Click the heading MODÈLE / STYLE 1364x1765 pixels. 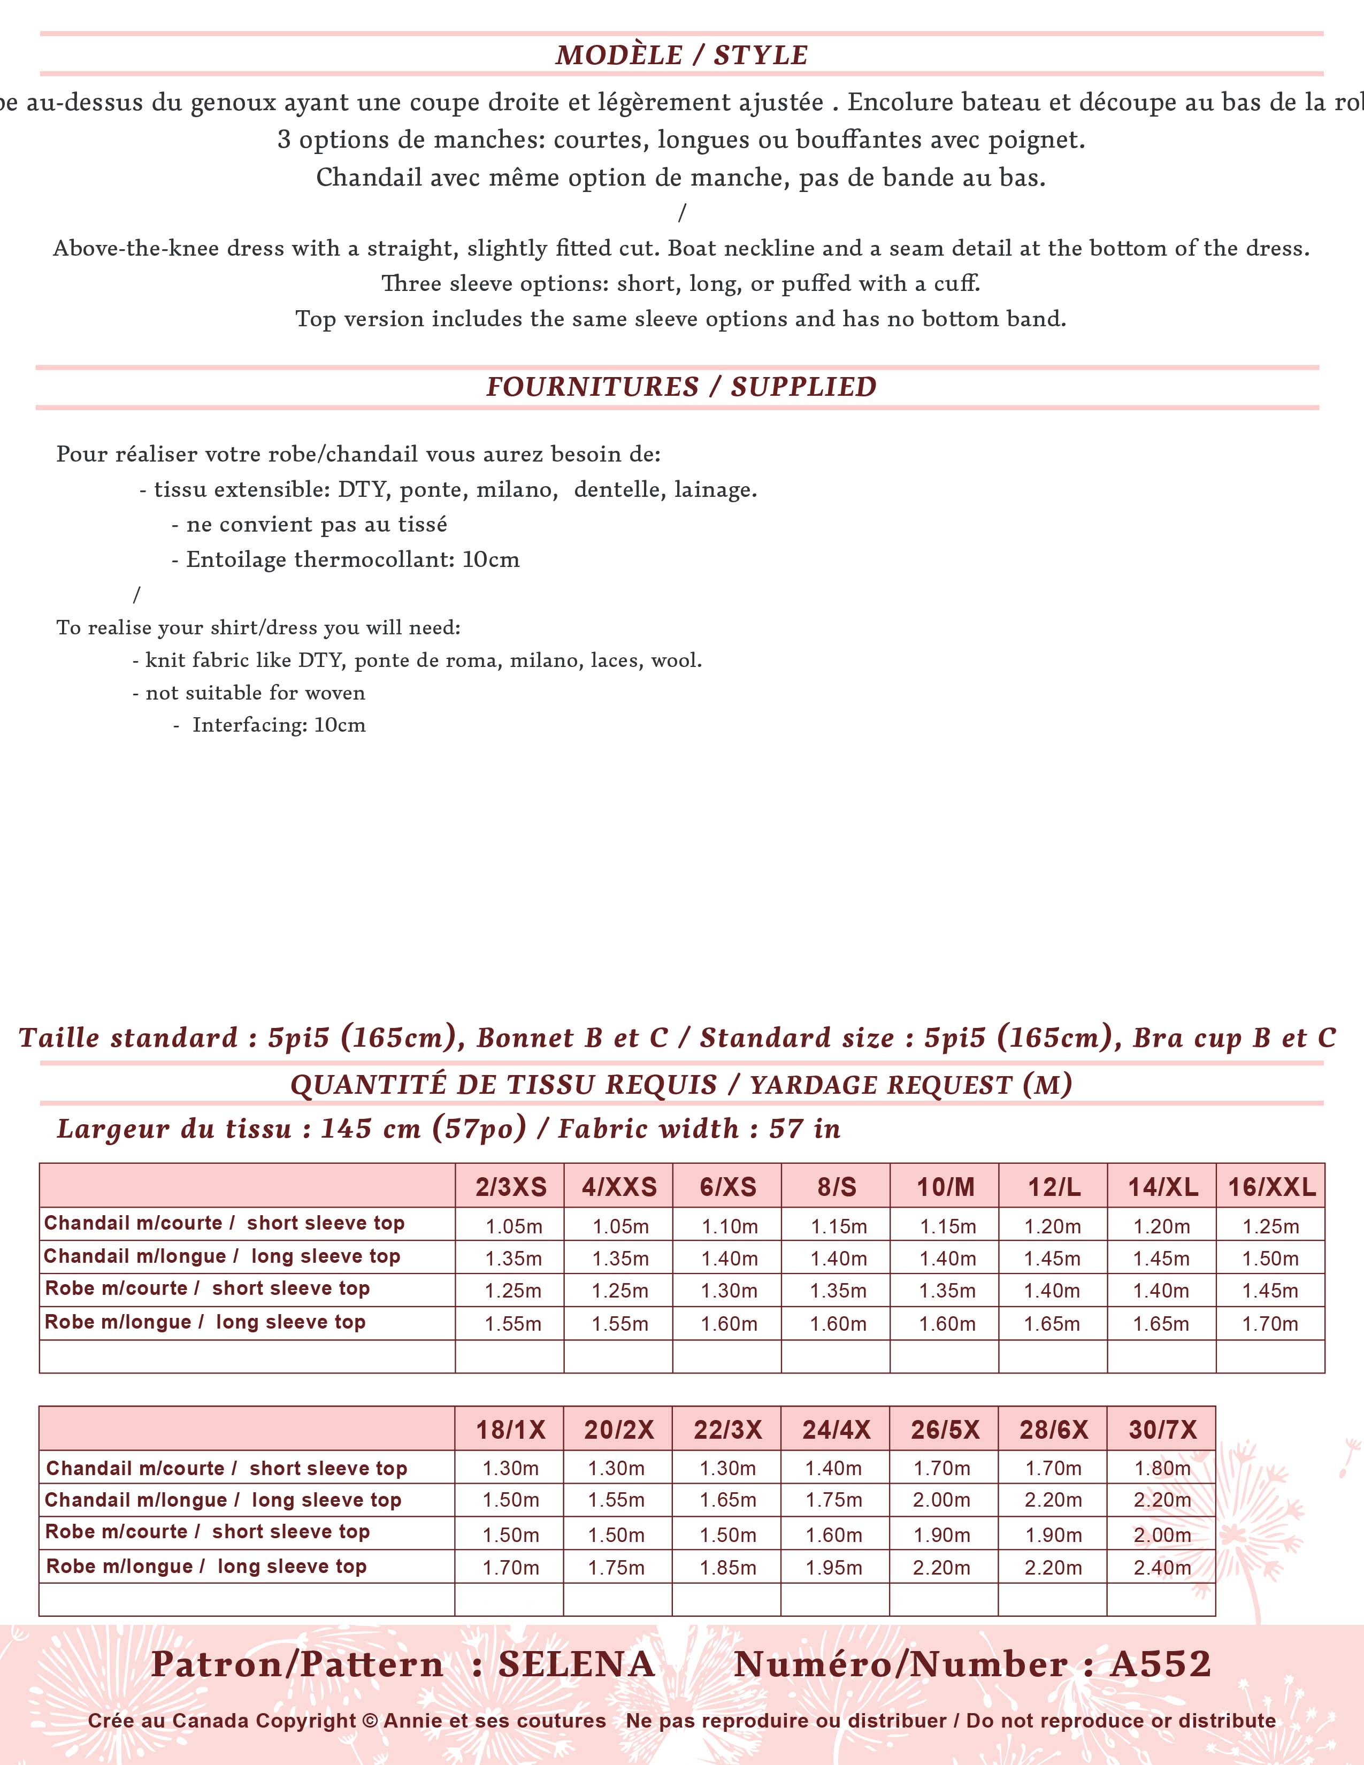click(681, 55)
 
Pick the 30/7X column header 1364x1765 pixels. click(1162, 1430)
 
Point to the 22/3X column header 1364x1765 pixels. click(727, 1430)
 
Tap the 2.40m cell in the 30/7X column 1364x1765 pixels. click(1162, 1568)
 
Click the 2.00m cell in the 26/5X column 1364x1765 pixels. click(941, 1500)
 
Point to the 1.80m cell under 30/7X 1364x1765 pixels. click(1162, 1468)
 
